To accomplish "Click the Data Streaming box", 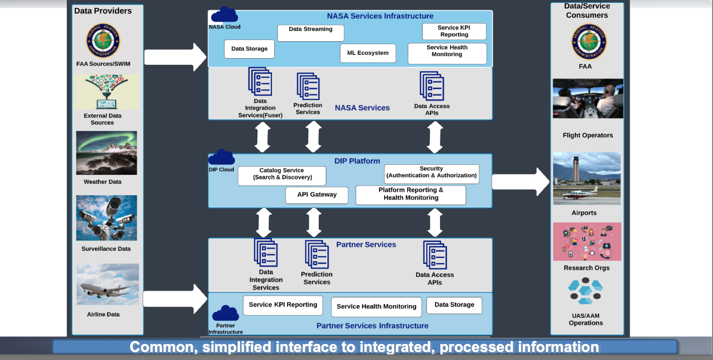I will [311, 33].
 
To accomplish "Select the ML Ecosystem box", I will [368, 53].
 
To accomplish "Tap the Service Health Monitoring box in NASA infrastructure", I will [447, 54].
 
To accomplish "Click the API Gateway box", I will [317, 195].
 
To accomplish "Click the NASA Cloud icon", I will [224, 15].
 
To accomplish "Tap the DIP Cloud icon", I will [222, 158].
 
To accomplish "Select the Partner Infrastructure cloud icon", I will [226, 314].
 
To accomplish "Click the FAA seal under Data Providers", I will [103, 40].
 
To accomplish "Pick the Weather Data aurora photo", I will [106, 153].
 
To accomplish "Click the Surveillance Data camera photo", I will [106, 218].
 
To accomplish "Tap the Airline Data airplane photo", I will [108, 284].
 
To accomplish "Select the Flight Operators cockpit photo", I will [587, 98].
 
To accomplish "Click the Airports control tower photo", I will [587, 178].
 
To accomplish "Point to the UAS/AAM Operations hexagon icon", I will [585, 292].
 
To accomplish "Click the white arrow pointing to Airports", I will [520, 182].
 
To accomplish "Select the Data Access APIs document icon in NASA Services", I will [432, 86].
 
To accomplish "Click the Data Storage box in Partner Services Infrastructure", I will [454, 305].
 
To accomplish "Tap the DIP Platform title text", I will [357, 161].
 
